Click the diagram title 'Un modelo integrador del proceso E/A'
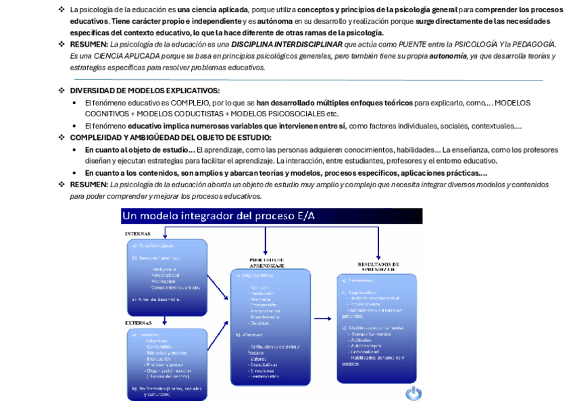218,216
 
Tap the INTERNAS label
137,233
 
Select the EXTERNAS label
138,323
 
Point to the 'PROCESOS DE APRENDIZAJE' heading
267,262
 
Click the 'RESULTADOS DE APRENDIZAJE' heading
378,266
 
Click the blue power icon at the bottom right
414,393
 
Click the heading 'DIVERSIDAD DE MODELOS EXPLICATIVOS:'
145,91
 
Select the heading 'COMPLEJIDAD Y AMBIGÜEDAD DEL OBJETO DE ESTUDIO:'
171,137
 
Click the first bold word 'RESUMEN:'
89,44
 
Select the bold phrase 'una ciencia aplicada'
212,9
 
